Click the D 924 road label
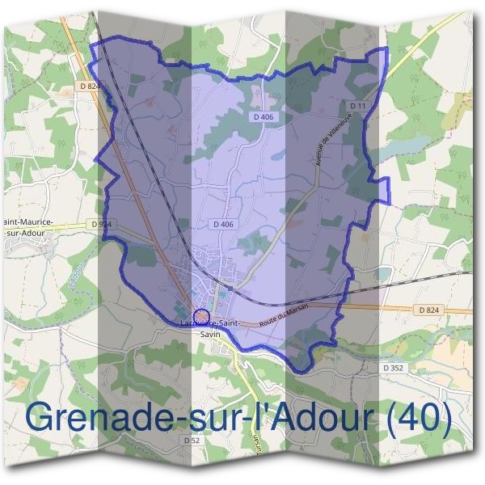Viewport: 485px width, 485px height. [x=102, y=223]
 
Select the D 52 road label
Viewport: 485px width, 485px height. [x=192, y=440]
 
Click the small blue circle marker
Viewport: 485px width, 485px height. [x=201, y=315]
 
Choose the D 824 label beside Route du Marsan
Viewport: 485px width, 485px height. [x=435, y=310]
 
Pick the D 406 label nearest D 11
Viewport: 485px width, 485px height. [x=263, y=117]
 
